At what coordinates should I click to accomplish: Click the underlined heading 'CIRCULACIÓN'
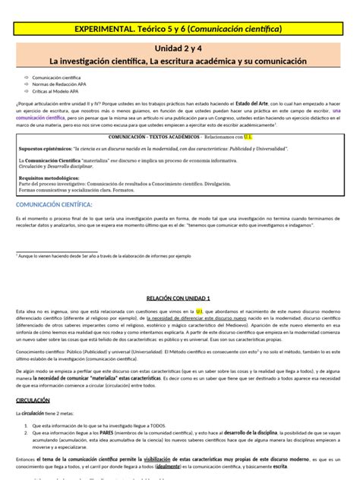[36, 399]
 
